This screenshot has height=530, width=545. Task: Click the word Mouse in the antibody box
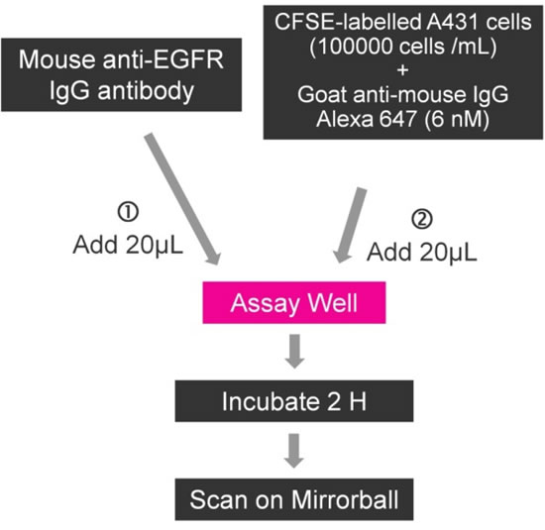56,59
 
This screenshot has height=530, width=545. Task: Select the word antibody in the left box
146,92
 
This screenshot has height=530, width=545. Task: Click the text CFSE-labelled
347,22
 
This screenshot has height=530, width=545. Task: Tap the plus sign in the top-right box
403,70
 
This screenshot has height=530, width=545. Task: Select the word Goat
322,94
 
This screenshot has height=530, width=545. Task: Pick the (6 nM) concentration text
457,119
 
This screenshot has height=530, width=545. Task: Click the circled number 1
128,212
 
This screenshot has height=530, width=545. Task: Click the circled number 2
422,219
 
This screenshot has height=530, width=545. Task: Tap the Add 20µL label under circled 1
128,246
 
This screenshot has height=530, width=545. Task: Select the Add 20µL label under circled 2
422,252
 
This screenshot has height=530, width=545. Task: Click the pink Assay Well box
294,303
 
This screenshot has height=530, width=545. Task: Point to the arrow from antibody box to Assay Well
182,199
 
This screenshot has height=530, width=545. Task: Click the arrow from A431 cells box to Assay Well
350,225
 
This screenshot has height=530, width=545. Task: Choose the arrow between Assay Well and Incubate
294,351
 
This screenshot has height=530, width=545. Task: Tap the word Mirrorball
345,499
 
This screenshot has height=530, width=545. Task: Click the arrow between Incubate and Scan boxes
294,451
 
